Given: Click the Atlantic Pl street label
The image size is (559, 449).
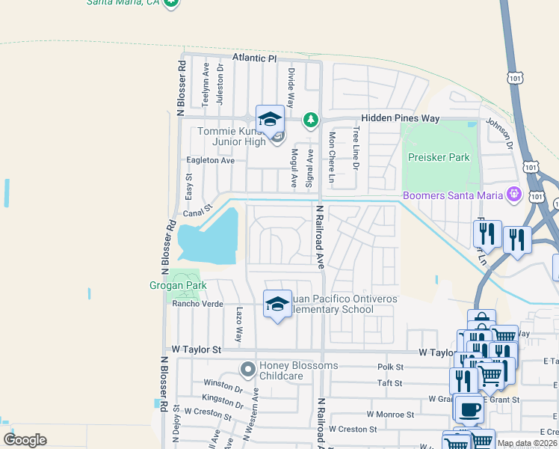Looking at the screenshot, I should [254, 58].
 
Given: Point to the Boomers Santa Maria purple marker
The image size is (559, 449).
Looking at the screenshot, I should [513, 195].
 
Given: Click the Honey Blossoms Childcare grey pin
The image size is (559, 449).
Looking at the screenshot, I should [248, 369].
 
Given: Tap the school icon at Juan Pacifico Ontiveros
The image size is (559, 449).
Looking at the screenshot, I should [277, 304].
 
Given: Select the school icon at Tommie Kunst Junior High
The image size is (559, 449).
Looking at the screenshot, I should [270, 119].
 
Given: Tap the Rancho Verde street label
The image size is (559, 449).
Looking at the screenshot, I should [198, 304].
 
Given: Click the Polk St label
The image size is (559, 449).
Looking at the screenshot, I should [390, 367].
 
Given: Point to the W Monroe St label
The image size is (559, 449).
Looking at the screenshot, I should [390, 414].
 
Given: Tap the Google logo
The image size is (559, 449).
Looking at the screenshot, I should [25, 440].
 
